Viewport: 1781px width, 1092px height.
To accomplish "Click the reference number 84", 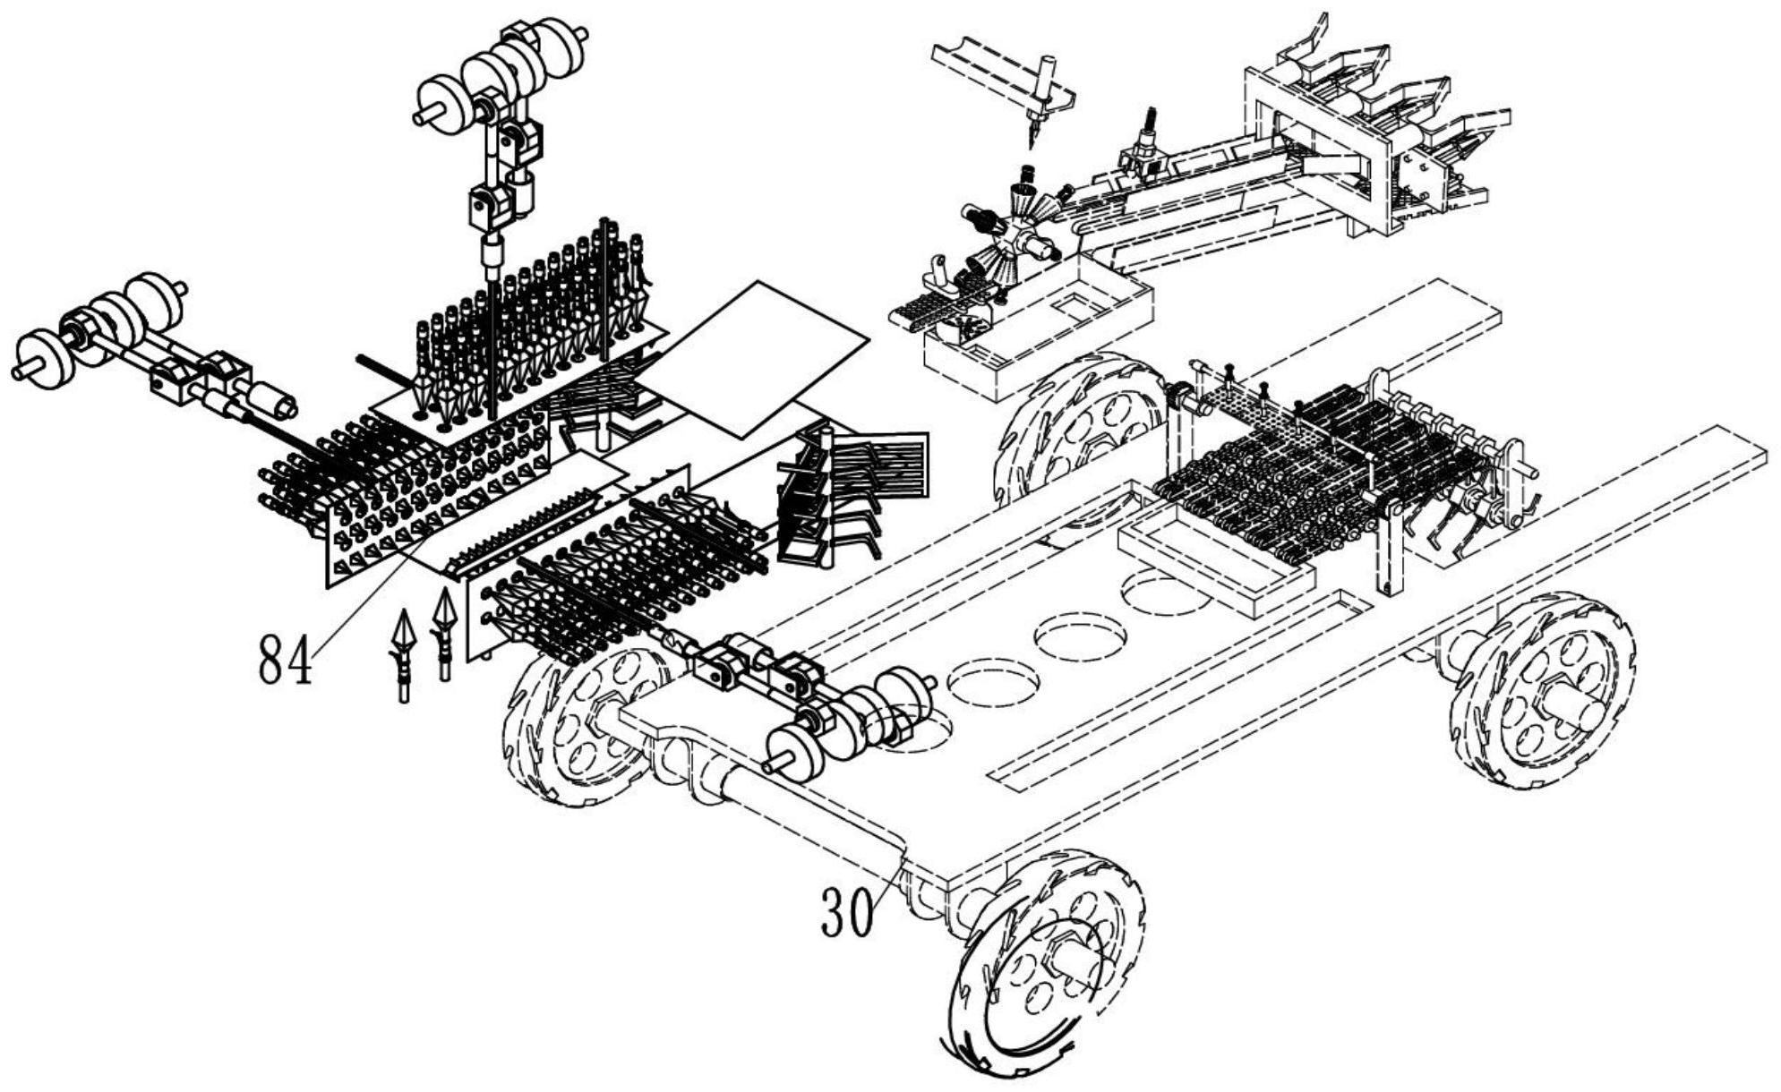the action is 286,660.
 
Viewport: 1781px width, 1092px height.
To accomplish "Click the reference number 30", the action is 847,914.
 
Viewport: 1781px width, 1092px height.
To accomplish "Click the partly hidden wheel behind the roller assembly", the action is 1075,430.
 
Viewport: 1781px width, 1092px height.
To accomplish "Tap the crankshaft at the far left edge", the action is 98,331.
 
